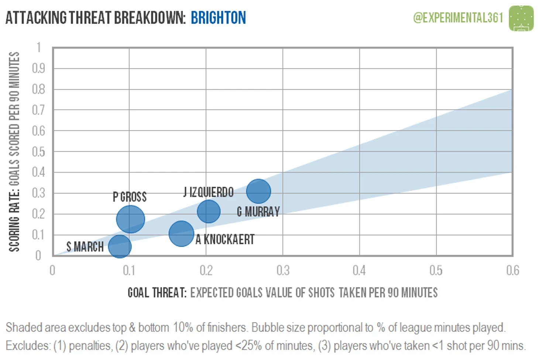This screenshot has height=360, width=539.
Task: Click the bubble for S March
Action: tap(120, 246)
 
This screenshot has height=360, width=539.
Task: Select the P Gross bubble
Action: tap(130, 219)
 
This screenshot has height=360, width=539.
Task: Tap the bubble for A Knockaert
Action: tap(181, 233)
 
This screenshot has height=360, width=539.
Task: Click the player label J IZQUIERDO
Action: tap(209, 192)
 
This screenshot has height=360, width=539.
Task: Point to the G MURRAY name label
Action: tap(258, 212)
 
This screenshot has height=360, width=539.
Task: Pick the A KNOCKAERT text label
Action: tap(225, 240)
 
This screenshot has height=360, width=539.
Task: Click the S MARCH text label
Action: tap(85, 247)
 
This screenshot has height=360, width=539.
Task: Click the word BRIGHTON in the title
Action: tap(218, 18)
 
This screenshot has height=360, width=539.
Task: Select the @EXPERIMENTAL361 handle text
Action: tap(458, 18)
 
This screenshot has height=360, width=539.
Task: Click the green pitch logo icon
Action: tap(521, 18)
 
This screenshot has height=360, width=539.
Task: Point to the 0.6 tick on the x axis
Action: tap(512, 271)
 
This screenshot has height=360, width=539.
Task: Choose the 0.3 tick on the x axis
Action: tap(283, 271)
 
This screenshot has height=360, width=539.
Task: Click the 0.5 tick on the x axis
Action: tap(436, 271)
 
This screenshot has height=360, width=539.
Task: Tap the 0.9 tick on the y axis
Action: tap(38, 68)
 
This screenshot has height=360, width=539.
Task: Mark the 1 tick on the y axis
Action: tap(39, 48)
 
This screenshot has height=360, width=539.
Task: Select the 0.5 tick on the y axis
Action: tap(38, 152)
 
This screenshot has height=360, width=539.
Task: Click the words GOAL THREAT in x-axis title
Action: tap(157, 293)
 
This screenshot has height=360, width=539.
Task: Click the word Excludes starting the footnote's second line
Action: tap(28, 346)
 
